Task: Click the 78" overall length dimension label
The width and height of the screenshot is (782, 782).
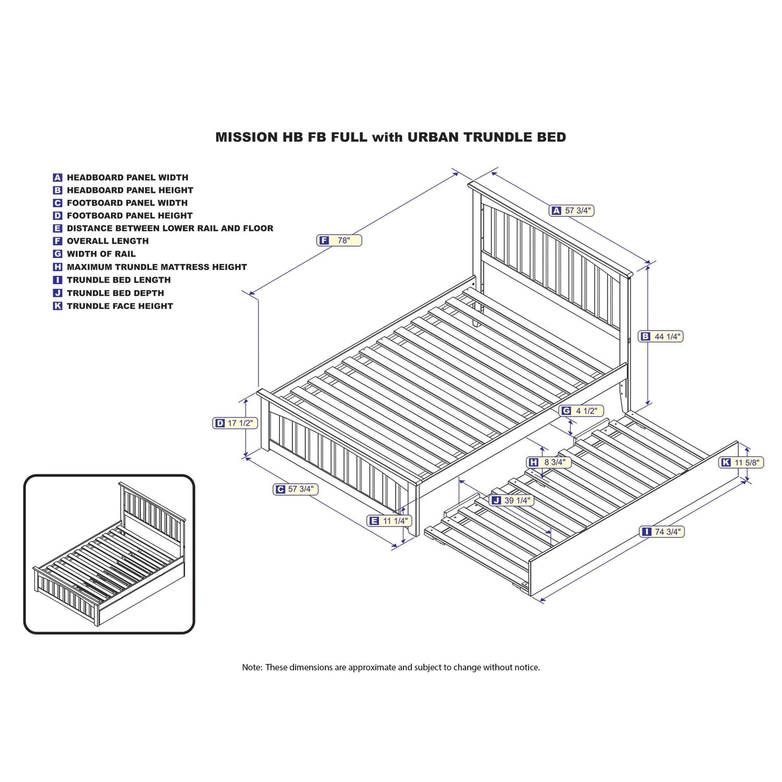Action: pyautogui.click(x=339, y=240)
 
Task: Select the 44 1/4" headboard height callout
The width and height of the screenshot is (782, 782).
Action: pyautogui.click(x=661, y=337)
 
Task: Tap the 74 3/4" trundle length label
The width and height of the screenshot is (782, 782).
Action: pyautogui.click(x=662, y=532)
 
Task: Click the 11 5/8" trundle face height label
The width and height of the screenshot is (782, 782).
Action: pyautogui.click(x=741, y=462)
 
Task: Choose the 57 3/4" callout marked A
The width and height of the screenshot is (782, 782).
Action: pyautogui.click(x=572, y=211)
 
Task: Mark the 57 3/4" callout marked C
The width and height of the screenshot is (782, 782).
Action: pyautogui.click(x=296, y=489)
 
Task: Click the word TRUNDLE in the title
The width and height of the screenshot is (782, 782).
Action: pyautogui.click(x=498, y=137)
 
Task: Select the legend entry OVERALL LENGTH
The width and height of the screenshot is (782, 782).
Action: pyautogui.click(x=107, y=241)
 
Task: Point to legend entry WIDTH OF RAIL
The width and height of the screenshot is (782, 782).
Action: pyautogui.click(x=101, y=254)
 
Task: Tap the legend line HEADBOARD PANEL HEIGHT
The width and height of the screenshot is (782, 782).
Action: pyautogui.click(x=130, y=190)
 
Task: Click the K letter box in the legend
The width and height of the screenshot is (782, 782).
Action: pyautogui.click(x=58, y=306)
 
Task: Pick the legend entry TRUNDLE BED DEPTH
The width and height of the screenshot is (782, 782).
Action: pyautogui.click(x=115, y=293)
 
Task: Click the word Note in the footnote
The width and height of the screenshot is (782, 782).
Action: pyautogui.click(x=251, y=667)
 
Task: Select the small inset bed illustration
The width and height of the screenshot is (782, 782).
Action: pyautogui.click(x=109, y=554)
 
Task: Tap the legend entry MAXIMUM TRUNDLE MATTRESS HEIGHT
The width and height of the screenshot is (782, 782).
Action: pyautogui.click(x=156, y=267)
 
